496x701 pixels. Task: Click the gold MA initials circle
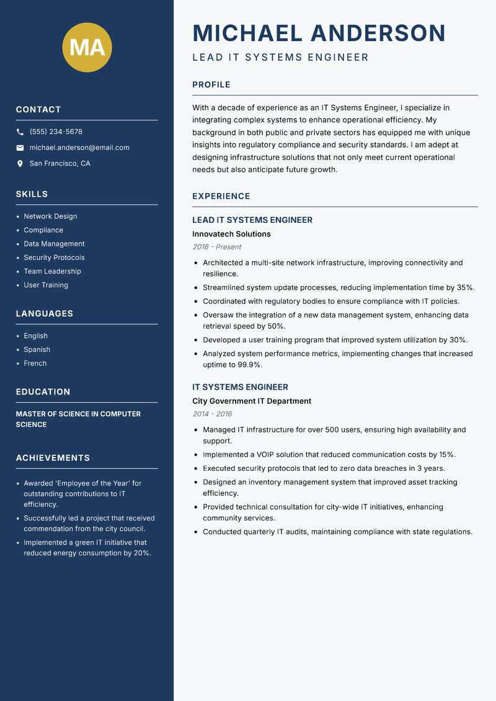click(87, 48)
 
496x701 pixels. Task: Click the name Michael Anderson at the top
click(319, 33)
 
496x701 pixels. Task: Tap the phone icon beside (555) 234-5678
click(20, 132)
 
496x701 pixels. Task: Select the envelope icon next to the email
click(20, 148)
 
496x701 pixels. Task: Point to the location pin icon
click(20, 164)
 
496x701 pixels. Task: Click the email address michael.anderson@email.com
click(79, 148)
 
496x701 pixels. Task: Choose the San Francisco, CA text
click(60, 164)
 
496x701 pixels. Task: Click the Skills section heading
click(32, 194)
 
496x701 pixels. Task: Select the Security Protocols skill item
click(54, 257)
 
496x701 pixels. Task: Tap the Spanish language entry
click(37, 349)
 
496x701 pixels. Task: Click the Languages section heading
click(45, 314)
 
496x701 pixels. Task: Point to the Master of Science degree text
click(78, 419)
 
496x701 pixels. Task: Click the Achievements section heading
click(53, 458)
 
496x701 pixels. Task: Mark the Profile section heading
click(211, 85)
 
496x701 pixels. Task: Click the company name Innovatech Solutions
click(231, 234)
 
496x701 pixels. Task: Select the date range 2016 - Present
click(216, 247)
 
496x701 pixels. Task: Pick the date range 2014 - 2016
click(212, 414)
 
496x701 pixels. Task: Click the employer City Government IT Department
click(252, 401)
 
